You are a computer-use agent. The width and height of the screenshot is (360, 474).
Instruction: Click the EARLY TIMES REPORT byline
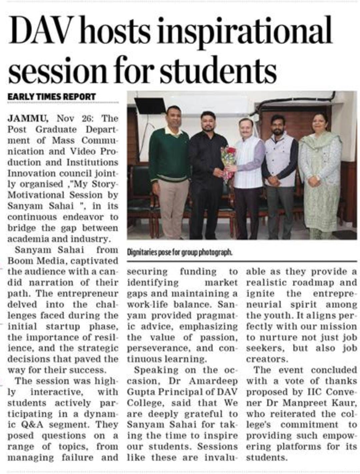pyautogui.click(x=52, y=97)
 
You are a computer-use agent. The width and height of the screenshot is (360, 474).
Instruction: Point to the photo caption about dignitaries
pyautogui.click(x=179, y=252)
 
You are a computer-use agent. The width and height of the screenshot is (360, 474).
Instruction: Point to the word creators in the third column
pyautogui.click(x=266, y=359)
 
